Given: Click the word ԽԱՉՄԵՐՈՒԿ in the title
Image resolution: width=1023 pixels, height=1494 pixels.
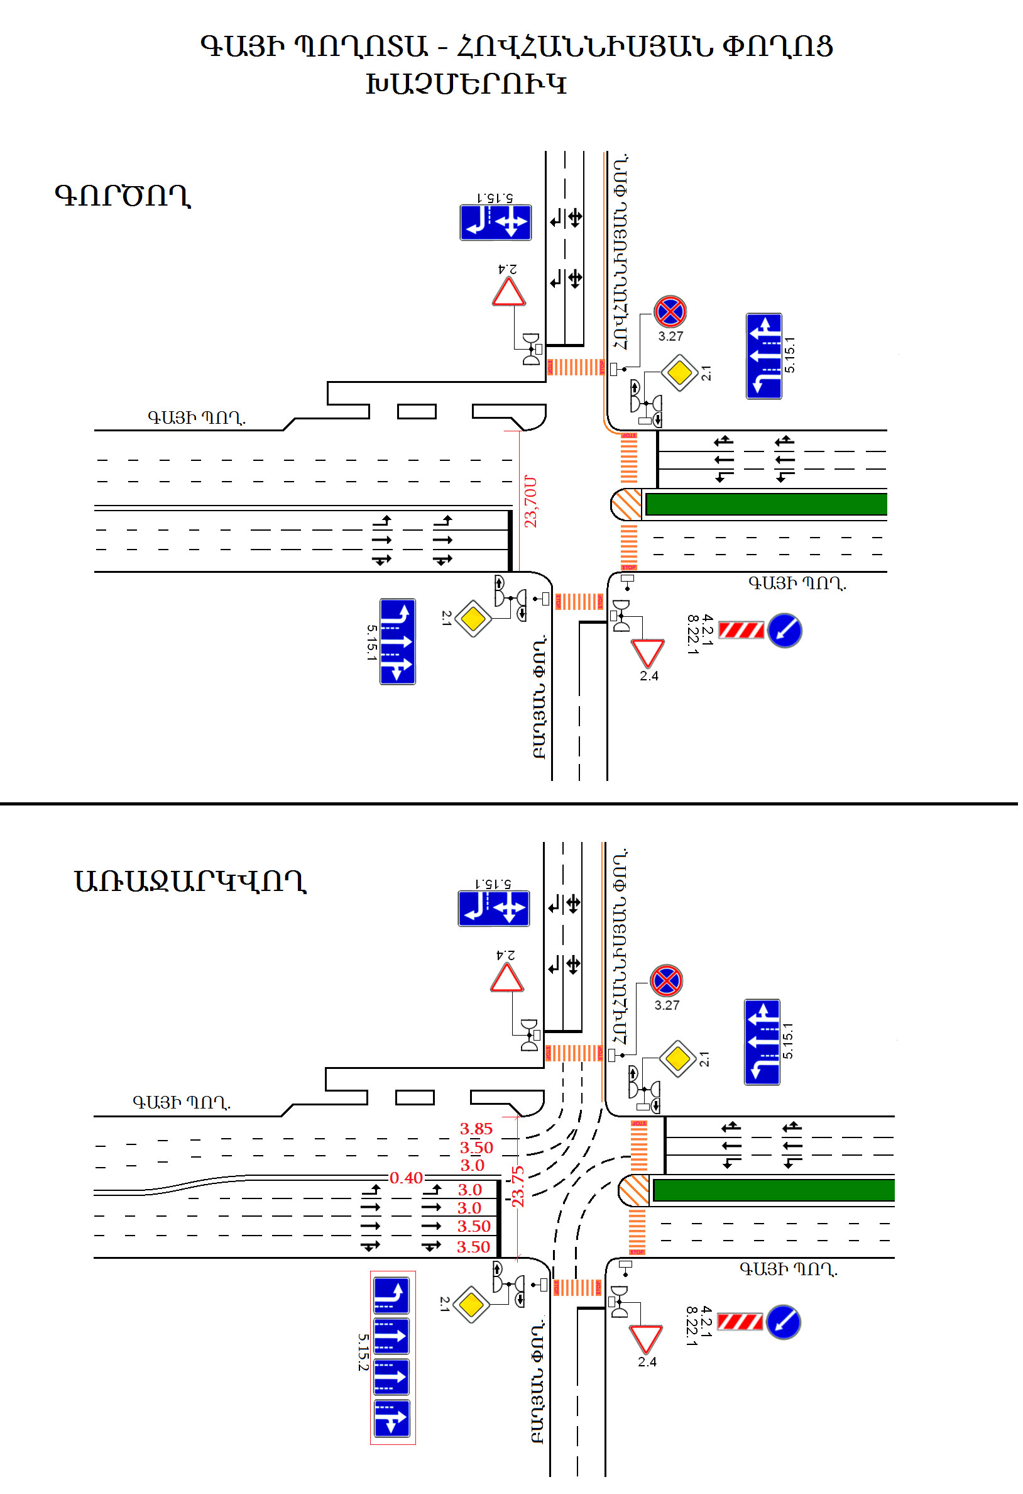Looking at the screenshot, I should (466, 84).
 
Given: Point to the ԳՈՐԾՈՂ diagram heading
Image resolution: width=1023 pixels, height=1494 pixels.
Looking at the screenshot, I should (123, 196).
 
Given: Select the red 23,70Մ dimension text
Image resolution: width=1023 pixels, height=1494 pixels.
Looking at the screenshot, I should (531, 502).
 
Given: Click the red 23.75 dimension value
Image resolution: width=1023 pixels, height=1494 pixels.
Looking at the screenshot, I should (518, 1187).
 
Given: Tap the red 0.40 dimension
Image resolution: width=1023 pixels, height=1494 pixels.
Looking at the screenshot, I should (406, 1178).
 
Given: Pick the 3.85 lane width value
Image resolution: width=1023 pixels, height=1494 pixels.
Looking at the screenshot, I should (476, 1129).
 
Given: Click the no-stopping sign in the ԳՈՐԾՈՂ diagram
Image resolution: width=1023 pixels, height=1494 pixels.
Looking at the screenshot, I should (670, 313).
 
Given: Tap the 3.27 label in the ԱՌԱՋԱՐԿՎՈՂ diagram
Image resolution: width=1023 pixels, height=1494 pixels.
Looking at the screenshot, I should (667, 1005).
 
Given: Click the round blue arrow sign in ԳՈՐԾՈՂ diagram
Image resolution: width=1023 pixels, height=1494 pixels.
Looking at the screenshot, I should (785, 631).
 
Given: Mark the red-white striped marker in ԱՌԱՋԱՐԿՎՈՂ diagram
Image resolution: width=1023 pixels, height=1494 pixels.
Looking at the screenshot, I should (740, 1322).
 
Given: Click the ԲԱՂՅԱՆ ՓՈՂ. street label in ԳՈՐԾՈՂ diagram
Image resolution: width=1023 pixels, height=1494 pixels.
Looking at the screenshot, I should (540, 697).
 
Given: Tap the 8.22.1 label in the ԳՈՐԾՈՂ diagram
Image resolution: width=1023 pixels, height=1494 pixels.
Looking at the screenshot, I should (692, 634).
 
